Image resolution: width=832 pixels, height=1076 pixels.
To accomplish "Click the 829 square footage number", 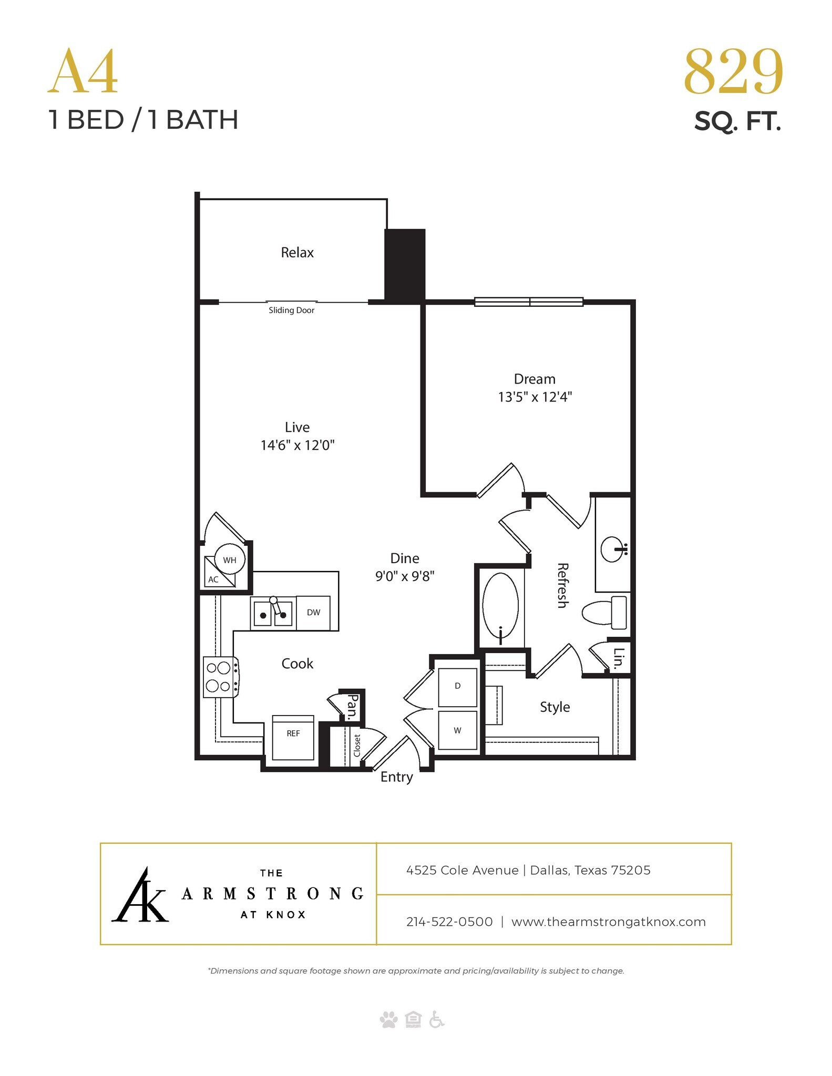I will coord(733,72).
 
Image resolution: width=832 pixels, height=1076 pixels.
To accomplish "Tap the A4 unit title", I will coord(83,72).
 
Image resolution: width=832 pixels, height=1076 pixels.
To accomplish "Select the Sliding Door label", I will coord(291,310).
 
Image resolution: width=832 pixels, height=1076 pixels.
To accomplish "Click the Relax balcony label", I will coord(297,253).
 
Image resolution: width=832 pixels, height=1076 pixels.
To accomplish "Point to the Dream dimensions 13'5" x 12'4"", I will coord(535,397).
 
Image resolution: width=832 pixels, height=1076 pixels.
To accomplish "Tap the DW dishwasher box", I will coord(313,613).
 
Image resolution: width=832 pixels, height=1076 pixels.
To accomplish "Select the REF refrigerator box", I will coord(293,737).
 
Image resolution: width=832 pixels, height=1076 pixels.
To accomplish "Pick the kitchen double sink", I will coord(273,613).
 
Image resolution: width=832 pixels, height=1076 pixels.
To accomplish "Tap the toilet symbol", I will coord(604,612).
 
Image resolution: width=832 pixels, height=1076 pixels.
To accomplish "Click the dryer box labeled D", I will coord(457,687).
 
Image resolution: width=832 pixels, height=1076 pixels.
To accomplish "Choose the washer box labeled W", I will coord(457,730).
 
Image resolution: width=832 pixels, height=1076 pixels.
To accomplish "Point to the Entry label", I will coord(396,777).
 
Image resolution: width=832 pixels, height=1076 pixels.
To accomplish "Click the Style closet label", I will coord(554,707).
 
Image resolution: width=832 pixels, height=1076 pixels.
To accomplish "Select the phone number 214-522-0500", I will coord(449,922).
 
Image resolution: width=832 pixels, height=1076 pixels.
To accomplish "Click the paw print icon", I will coord(388,1020).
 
